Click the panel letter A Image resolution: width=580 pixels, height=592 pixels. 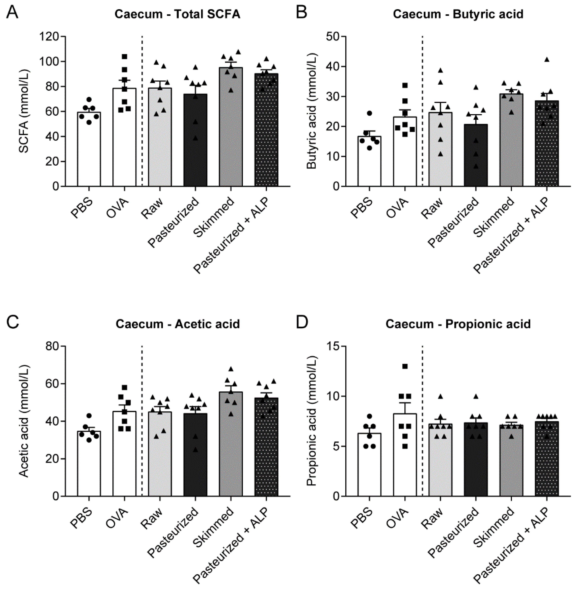coord(12,13)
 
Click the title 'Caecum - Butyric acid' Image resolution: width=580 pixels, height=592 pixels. coord(458,14)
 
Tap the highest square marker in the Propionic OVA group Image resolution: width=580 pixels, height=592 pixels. coord(405,366)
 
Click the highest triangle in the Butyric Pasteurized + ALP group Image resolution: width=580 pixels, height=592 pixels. coord(547,59)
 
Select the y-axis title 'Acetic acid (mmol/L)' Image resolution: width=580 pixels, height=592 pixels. coord(24,421)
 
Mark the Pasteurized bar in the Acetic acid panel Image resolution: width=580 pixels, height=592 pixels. coord(195,457)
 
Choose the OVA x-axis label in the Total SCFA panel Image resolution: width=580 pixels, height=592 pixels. coord(117,209)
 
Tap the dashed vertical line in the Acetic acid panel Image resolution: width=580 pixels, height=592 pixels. coord(142,427)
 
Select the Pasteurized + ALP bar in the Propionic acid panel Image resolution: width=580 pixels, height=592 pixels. coord(547,460)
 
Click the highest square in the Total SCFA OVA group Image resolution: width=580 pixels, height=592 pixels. coord(124,56)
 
